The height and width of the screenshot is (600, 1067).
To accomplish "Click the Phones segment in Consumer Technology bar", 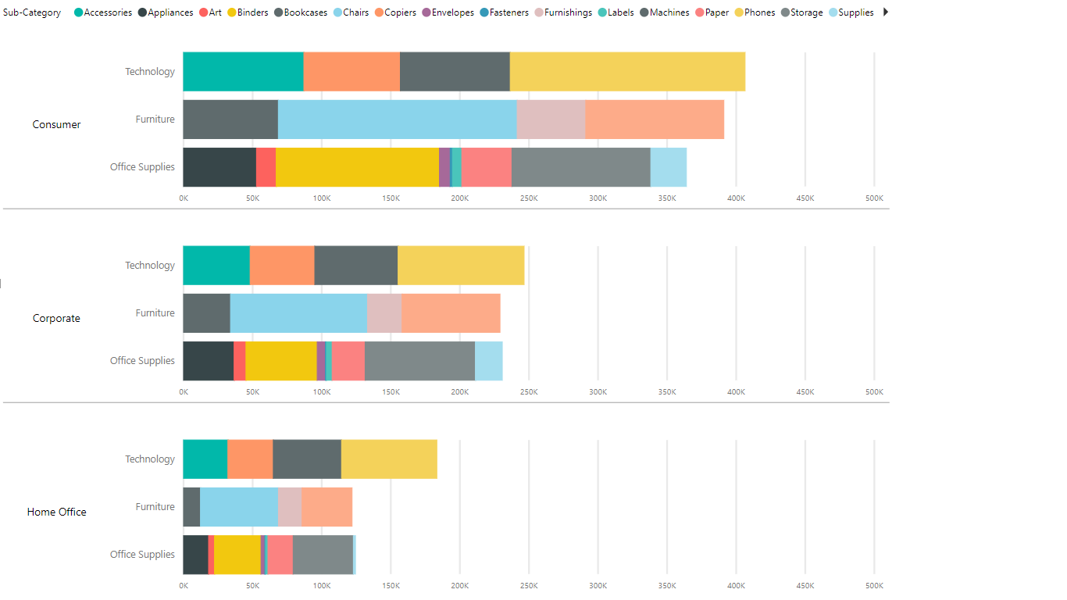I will click(627, 72).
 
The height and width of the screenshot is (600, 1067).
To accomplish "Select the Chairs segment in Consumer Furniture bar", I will click(397, 120).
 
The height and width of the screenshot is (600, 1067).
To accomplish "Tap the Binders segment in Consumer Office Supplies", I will click(357, 167).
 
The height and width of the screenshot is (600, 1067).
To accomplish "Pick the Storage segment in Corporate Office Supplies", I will click(419, 361).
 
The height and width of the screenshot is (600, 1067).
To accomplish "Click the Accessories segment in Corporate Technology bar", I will click(216, 266).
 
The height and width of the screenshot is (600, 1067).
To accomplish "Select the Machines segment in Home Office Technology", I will click(307, 459).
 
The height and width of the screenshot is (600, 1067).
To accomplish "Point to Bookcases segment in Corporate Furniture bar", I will click(206, 313).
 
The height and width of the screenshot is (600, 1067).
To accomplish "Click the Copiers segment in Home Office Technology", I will click(250, 459).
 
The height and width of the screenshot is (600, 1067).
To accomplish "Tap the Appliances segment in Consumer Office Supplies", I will click(219, 167).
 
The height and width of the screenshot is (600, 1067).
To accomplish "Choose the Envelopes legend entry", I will click(448, 12).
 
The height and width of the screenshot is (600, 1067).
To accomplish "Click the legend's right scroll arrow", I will click(885, 12).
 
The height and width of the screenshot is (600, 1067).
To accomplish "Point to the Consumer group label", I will click(56, 125).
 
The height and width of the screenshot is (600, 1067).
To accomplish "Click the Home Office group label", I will click(56, 512).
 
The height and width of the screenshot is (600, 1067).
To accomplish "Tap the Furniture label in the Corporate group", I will click(155, 313).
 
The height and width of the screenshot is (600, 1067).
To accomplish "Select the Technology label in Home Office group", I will click(150, 459).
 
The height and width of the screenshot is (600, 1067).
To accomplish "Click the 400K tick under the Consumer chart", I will click(736, 198).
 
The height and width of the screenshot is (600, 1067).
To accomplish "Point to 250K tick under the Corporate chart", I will click(529, 392).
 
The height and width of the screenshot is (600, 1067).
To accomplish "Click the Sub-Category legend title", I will click(32, 12).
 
